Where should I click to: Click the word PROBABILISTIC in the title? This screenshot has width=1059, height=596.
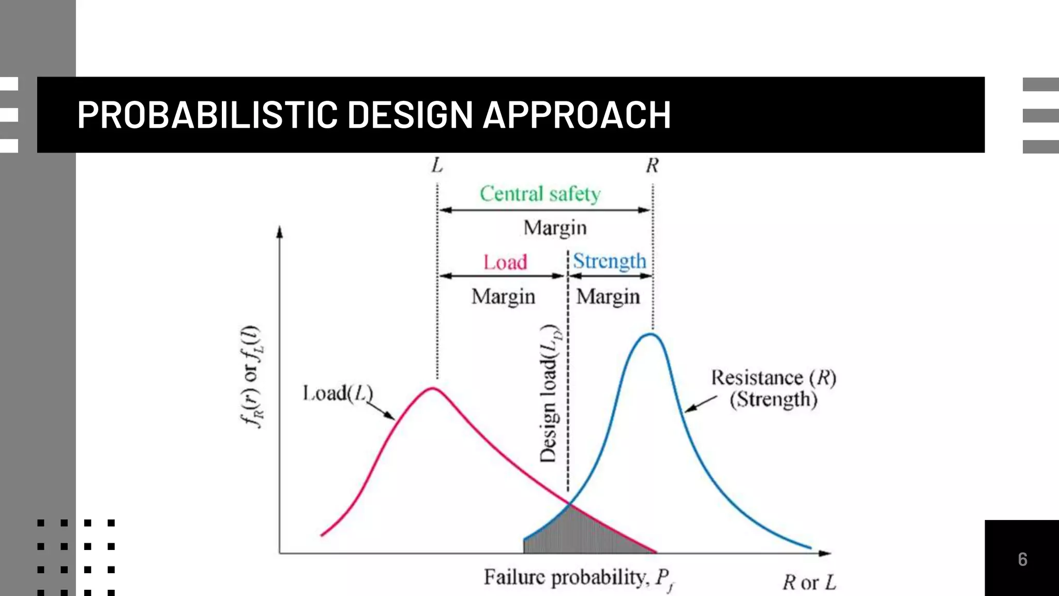point(207,115)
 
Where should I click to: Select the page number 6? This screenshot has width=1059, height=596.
point(1022,559)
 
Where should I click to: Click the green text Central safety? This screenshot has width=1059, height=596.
point(540,194)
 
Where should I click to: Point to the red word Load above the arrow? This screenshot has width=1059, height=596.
point(505,262)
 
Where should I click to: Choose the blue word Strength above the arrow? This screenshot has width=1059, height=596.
point(610,261)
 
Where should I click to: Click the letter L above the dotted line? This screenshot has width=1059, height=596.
point(437,166)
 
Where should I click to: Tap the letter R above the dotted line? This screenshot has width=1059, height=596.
point(652,166)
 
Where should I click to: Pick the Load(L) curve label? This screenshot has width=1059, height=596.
point(338,393)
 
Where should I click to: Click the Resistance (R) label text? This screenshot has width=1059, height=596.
point(774,378)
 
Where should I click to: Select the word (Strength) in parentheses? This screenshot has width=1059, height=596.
point(774,399)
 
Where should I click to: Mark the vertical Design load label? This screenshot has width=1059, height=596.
point(549,393)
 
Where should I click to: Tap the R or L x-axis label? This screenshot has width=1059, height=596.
point(809,583)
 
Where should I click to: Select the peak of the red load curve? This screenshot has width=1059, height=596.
point(433,388)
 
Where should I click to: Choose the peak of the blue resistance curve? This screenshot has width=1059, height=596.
point(650,334)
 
